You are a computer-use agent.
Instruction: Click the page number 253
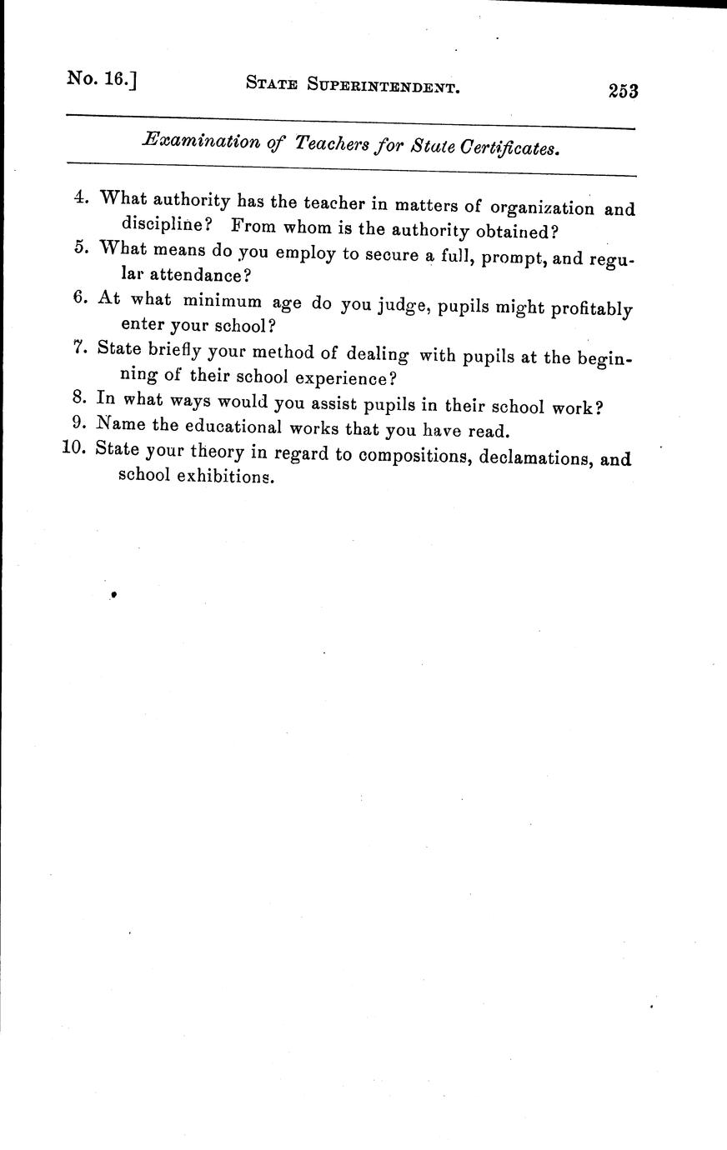click(x=623, y=90)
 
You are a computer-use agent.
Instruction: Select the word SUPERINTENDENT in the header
click(x=383, y=84)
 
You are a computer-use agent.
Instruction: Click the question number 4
click(x=80, y=197)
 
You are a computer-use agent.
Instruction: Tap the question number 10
click(x=75, y=448)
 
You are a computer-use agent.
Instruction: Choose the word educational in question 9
click(x=233, y=427)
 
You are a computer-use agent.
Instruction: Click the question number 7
click(x=80, y=347)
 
